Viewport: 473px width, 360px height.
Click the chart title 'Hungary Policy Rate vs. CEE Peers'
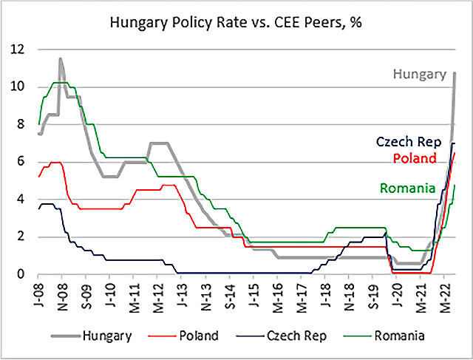[236, 23]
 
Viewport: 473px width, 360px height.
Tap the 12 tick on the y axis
[16, 50]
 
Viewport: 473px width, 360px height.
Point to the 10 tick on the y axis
[16, 87]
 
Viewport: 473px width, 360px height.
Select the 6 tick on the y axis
[18, 162]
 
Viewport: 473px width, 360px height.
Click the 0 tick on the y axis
[18, 274]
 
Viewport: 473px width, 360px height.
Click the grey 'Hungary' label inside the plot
[420, 74]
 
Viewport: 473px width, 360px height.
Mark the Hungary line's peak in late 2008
[61, 59]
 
